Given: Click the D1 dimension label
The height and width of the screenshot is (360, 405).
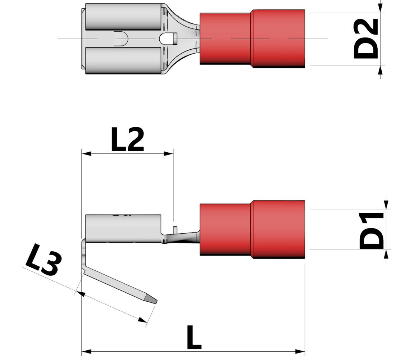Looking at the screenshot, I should [x=372, y=231].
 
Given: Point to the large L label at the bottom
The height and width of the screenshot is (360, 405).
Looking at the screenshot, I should [x=194, y=337].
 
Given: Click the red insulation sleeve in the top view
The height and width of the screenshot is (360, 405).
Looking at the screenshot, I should [x=252, y=39].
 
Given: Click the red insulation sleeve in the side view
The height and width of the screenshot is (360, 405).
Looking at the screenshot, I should [x=252, y=230].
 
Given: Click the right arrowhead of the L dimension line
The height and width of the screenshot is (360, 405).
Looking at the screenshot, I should [x=301, y=351].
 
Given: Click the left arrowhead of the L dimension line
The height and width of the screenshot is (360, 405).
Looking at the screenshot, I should [x=86, y=351].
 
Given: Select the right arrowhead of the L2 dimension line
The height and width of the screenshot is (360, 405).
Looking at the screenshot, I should [x=169, y=153].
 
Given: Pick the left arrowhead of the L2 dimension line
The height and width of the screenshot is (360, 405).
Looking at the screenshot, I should [x=86, y=153].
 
